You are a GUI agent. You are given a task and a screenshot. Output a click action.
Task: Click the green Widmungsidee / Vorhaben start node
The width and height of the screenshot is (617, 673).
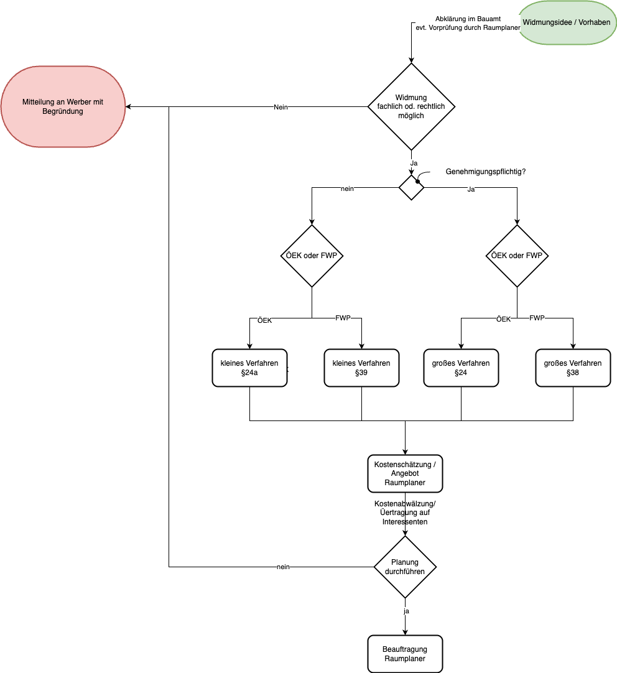pyautogui.click(x=566, y=22)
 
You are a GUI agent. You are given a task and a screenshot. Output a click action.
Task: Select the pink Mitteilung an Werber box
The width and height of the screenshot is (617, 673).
pyautogui.click(x=63, y=106)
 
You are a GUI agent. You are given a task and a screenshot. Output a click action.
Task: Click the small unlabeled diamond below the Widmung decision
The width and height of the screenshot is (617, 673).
pyautogui.click(x=411, y=187)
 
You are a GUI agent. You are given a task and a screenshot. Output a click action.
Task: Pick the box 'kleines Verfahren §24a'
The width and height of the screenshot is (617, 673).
pyautogui.click(x=249, y=368)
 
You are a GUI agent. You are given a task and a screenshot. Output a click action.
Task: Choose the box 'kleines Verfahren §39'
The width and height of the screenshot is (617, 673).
pyautogui.click(x=361, y=368)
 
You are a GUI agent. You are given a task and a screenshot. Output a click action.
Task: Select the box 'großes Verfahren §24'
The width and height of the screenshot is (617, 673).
pyautogui.click(x=461, y=368)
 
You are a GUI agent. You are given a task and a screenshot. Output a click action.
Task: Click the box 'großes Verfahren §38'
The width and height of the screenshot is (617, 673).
pyautogui.click(x=573, y=368)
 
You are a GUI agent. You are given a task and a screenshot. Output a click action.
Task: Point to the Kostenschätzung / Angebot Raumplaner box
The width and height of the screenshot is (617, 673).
pyautogui.click(x=405, y=473)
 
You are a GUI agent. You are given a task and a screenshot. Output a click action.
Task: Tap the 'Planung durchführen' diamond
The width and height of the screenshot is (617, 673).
pyautogui.click(x=405, y=567)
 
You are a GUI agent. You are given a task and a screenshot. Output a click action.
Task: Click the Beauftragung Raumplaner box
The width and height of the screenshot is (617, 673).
pyautogui.click(x=405, y=654)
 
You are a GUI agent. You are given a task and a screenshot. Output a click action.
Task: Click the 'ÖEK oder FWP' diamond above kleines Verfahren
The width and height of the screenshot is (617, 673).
pyautogui.click(x=312, y=256)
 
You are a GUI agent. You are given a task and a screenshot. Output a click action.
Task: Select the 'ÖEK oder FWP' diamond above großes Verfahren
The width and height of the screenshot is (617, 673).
pyautogui.click(x=517, y=256)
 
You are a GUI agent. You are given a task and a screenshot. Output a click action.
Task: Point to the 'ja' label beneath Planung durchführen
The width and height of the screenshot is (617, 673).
pyautogui.click(x=406, y=611)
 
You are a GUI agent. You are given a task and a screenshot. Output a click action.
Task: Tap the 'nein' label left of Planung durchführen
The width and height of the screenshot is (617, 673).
pyautogui.click(x=283, y=567)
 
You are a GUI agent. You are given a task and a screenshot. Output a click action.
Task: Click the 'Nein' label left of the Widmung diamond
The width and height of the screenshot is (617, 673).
pyautogui.click(x=281, y=107)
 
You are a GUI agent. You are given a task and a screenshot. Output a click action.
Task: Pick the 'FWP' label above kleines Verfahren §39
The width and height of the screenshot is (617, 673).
pyautogui.click(x=343, y=318)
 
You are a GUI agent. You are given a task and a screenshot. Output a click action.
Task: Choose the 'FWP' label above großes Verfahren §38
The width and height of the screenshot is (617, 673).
pyautogui.click(x=537, y=318)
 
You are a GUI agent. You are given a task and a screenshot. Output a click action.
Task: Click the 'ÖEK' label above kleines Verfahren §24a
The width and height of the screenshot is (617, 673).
pyautogui.click(x=265, y=320)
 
